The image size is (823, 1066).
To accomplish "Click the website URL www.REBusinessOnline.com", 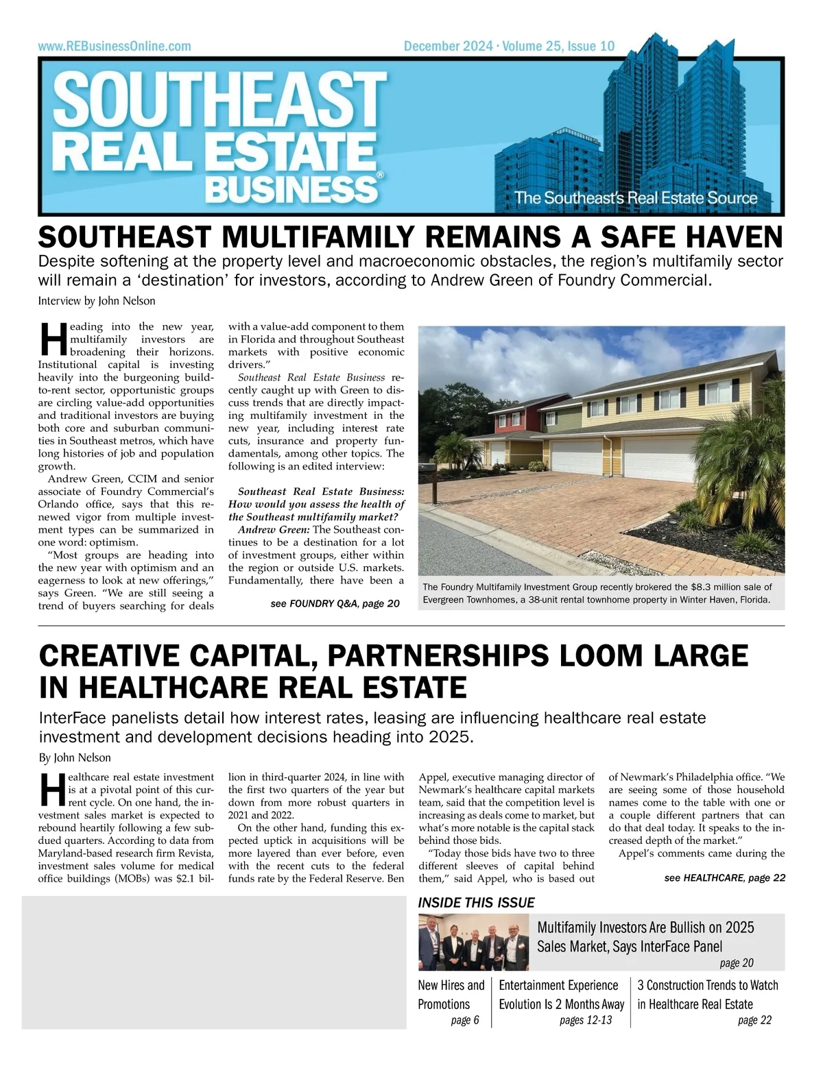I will [115, 47].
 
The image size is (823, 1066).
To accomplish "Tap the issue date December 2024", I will [448, 47].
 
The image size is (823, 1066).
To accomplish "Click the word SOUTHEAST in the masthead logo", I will [219, 103].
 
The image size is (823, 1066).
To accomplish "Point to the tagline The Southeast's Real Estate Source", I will [636, 198].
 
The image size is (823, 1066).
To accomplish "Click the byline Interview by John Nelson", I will [97, 301].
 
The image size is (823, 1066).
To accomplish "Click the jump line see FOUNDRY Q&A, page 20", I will [335, 603].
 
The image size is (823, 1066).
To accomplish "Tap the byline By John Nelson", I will [75, 758].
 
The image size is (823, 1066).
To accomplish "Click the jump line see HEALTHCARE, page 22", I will [724, 877].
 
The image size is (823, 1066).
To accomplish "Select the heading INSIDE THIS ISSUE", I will [476, 903].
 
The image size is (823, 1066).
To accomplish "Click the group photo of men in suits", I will [473, 943].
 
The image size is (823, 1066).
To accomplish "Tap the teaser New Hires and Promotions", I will [451, 995].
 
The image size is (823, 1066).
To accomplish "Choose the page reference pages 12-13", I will [585, 1021].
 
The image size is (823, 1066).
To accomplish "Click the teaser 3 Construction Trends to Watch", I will [707, 985].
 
